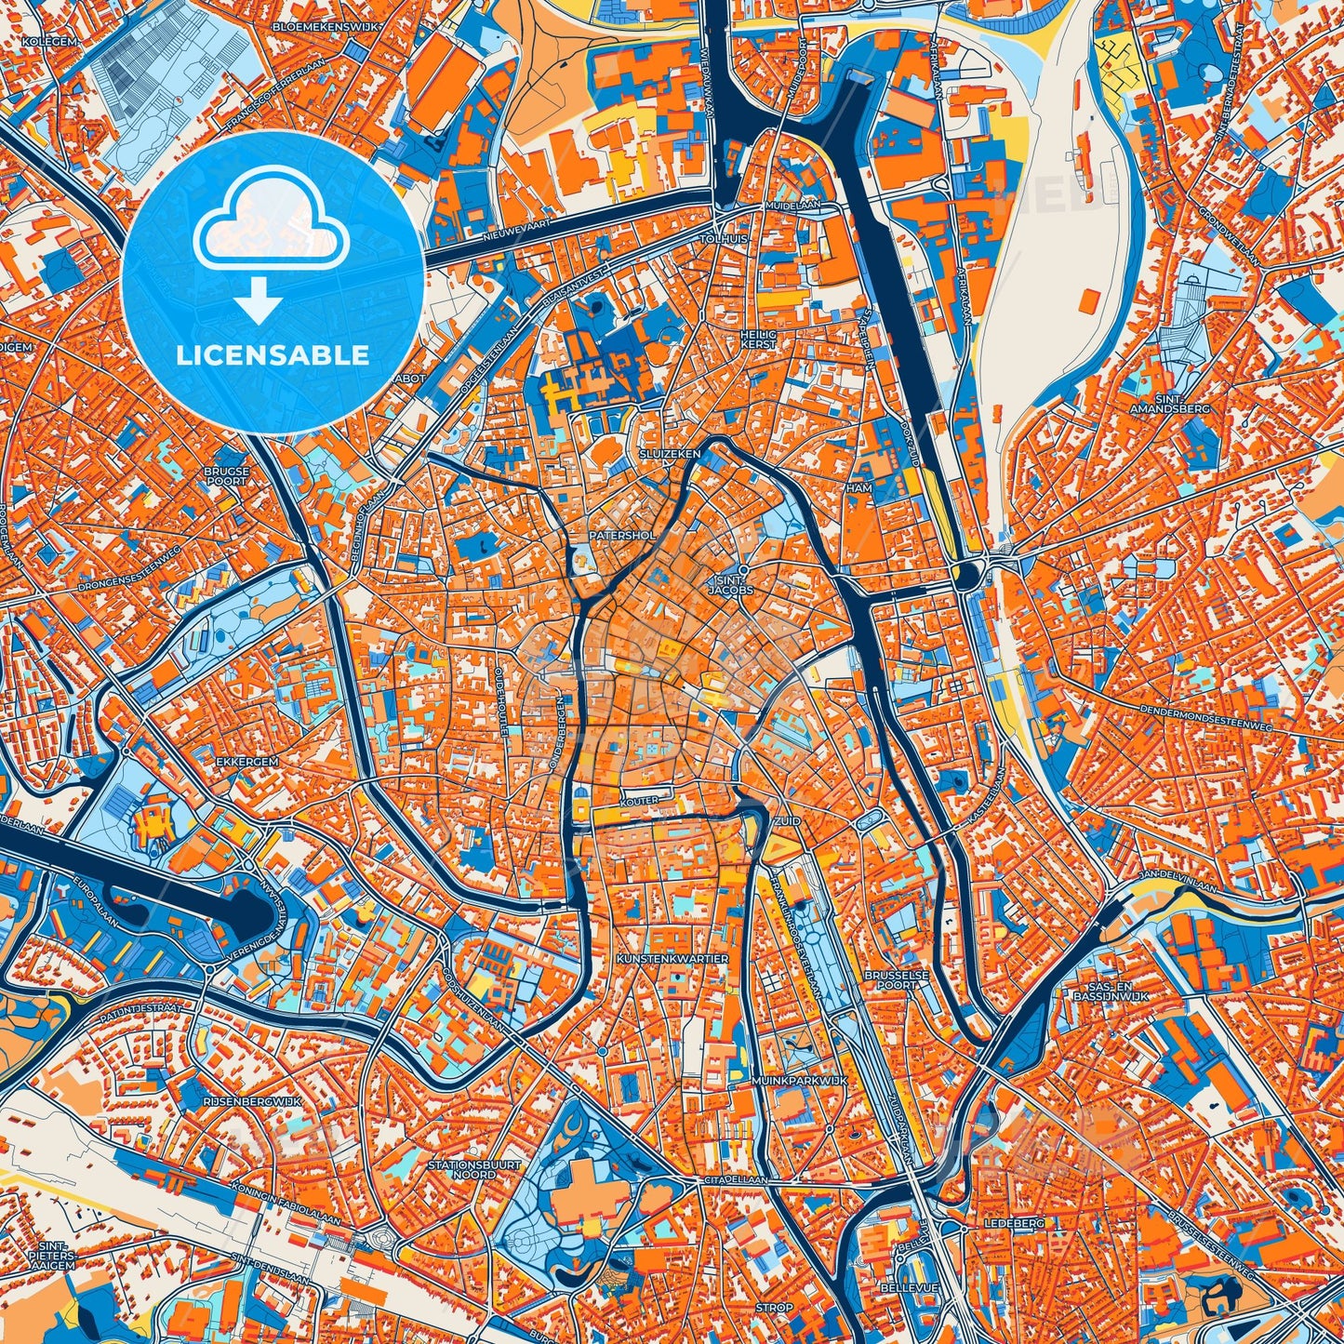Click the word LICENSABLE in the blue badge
coord(273,355)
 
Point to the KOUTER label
coord(642,800)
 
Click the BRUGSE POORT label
coord(227,476)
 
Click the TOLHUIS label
coord(726,239)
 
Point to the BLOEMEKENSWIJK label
coord(326,27)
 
